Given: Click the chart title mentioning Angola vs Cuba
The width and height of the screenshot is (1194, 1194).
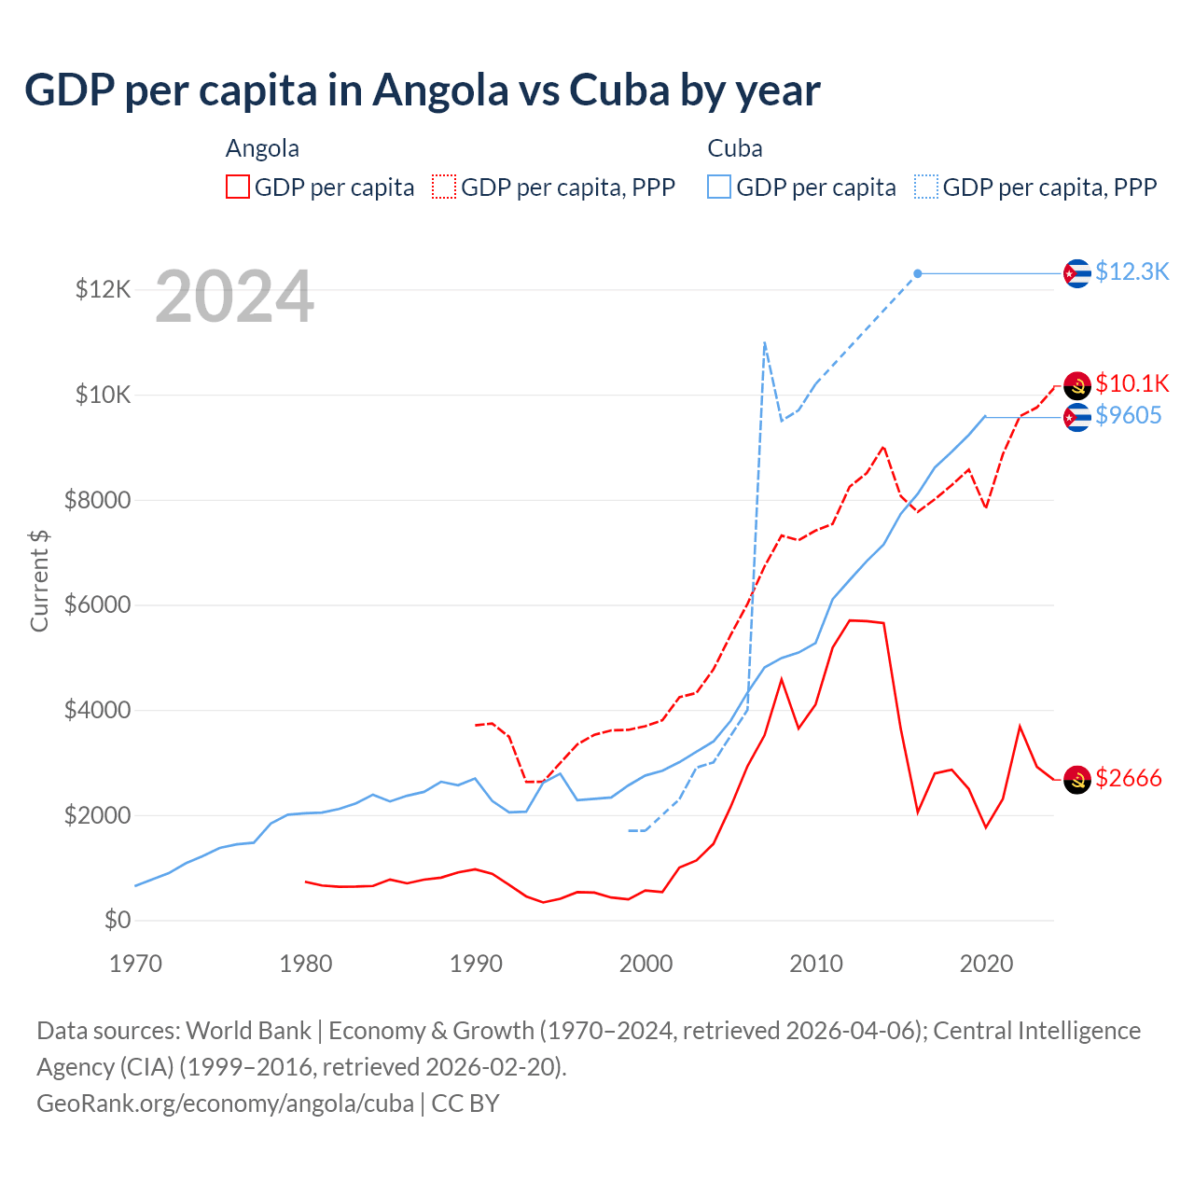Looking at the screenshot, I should click(422, 90).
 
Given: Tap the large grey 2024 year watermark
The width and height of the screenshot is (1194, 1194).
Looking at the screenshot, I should click(234, 297).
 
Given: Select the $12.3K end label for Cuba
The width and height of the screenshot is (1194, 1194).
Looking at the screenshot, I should click(1132, 271).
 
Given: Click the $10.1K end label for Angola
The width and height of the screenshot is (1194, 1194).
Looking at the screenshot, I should click(1132, 383).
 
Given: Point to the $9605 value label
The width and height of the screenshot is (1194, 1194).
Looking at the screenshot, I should click(1128, 415).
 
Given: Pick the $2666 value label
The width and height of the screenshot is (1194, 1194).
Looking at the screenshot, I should click(1128, 778).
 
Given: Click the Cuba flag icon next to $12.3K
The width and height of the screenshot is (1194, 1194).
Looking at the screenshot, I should click(1077, 273).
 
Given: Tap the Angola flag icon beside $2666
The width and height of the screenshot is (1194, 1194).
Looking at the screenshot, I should click(1077, 780).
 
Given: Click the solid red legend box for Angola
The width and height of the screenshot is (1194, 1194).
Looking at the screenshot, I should click(238, 187).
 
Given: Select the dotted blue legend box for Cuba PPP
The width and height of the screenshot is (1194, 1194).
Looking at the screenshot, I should click(926, 187).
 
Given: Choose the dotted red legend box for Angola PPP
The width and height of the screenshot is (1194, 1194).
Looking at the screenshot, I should click(444, 187).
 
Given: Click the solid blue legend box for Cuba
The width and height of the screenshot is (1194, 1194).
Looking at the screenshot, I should click(719, 187).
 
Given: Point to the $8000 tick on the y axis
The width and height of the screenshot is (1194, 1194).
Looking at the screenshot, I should click(97, 500).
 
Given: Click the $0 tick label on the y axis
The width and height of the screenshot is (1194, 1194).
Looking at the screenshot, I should click(117, 920).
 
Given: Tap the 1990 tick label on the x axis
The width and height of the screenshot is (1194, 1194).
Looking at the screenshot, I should click(476, 964).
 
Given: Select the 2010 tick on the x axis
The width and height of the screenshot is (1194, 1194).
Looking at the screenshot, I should click(816, 964).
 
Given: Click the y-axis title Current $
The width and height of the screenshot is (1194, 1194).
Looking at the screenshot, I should click(39, 580).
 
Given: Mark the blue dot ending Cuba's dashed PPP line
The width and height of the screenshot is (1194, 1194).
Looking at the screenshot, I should click(918, 273).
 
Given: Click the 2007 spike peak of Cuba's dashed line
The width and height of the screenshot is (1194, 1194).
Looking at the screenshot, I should click(765, 342).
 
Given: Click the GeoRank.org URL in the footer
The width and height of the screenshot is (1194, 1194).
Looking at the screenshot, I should click(225, 1104).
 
